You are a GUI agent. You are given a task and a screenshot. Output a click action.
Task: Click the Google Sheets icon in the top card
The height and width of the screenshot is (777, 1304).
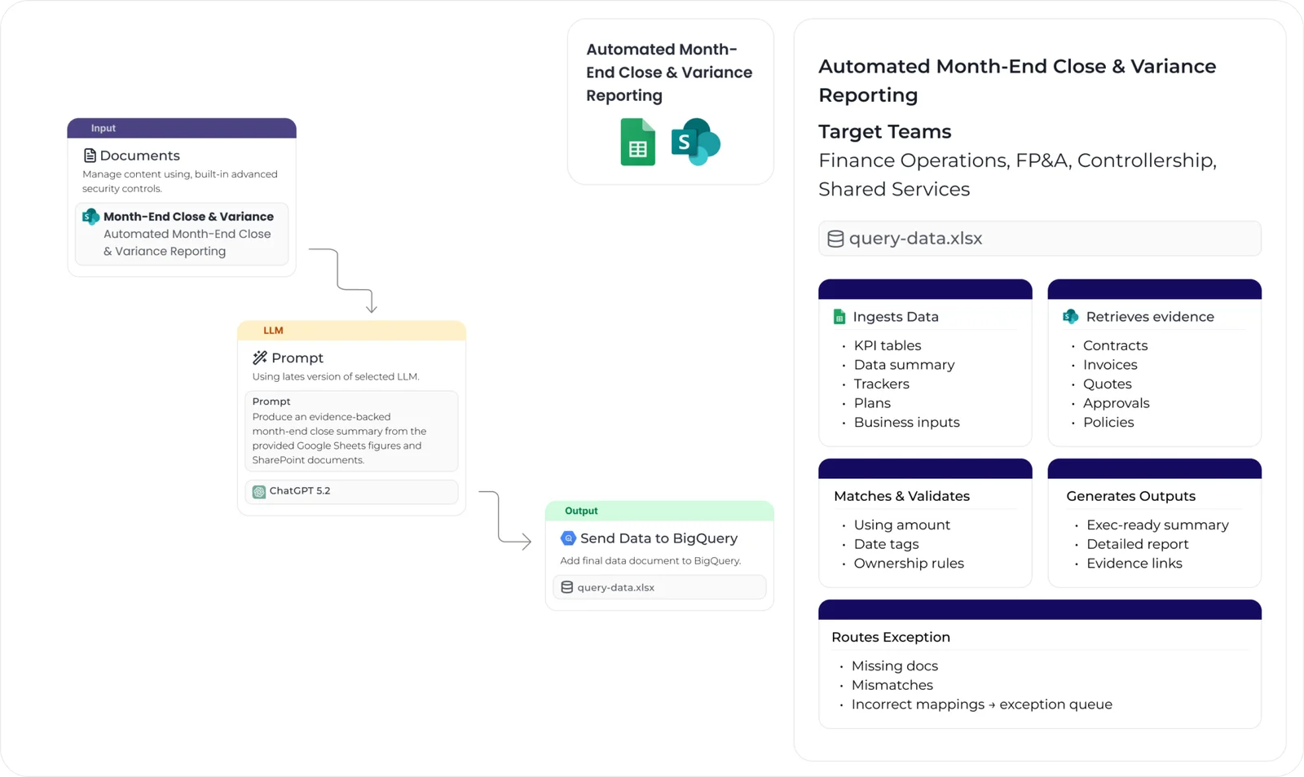[x=637, y=143]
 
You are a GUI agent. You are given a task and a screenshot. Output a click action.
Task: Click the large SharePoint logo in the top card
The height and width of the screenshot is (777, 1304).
[x=695, y=142]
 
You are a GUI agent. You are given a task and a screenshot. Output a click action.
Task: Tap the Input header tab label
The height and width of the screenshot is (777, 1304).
[x=104, y=129]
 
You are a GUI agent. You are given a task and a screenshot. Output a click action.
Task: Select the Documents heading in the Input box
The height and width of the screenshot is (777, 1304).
[x=139, y=156]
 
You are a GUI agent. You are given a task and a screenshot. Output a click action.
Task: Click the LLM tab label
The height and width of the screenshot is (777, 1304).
[x=273, y=331]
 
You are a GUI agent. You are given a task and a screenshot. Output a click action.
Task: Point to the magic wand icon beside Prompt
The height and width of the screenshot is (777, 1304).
[x=260, y=358]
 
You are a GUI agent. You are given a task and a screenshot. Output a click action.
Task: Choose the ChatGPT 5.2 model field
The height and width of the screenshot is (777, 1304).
[x=351, y=491]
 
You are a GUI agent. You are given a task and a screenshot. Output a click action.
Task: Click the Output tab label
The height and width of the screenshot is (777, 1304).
[x=581, y=511]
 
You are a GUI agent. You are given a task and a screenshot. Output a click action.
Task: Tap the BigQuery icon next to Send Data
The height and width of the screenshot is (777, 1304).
[x=568, y=538]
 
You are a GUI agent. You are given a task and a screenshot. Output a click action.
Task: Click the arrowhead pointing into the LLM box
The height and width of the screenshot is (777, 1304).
[x=372, y=309]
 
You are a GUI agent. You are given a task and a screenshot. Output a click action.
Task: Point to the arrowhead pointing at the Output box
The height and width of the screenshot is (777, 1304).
[x=526, y=541]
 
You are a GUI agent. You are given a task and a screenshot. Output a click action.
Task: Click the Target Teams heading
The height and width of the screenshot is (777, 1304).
[x=884, y=132]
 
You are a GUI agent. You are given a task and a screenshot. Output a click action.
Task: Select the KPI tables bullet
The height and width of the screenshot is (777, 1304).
[x=887, y=345]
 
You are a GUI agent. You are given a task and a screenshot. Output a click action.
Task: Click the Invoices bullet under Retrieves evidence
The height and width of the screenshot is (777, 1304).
[x=1109, y=365]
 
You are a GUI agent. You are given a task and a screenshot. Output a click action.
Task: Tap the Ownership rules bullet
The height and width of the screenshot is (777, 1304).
[x=908, y=564]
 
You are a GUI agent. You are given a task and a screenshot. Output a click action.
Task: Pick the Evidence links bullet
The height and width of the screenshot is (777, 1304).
[x=1134, y=564]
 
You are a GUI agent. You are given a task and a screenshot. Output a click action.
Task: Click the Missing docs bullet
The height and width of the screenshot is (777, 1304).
[x=894, y=666]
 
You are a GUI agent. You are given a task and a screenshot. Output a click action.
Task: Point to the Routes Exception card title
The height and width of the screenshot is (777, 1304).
[x=890, y=638]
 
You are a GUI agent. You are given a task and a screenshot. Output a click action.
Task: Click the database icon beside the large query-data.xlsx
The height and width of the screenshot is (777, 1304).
[x=835, y=239]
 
